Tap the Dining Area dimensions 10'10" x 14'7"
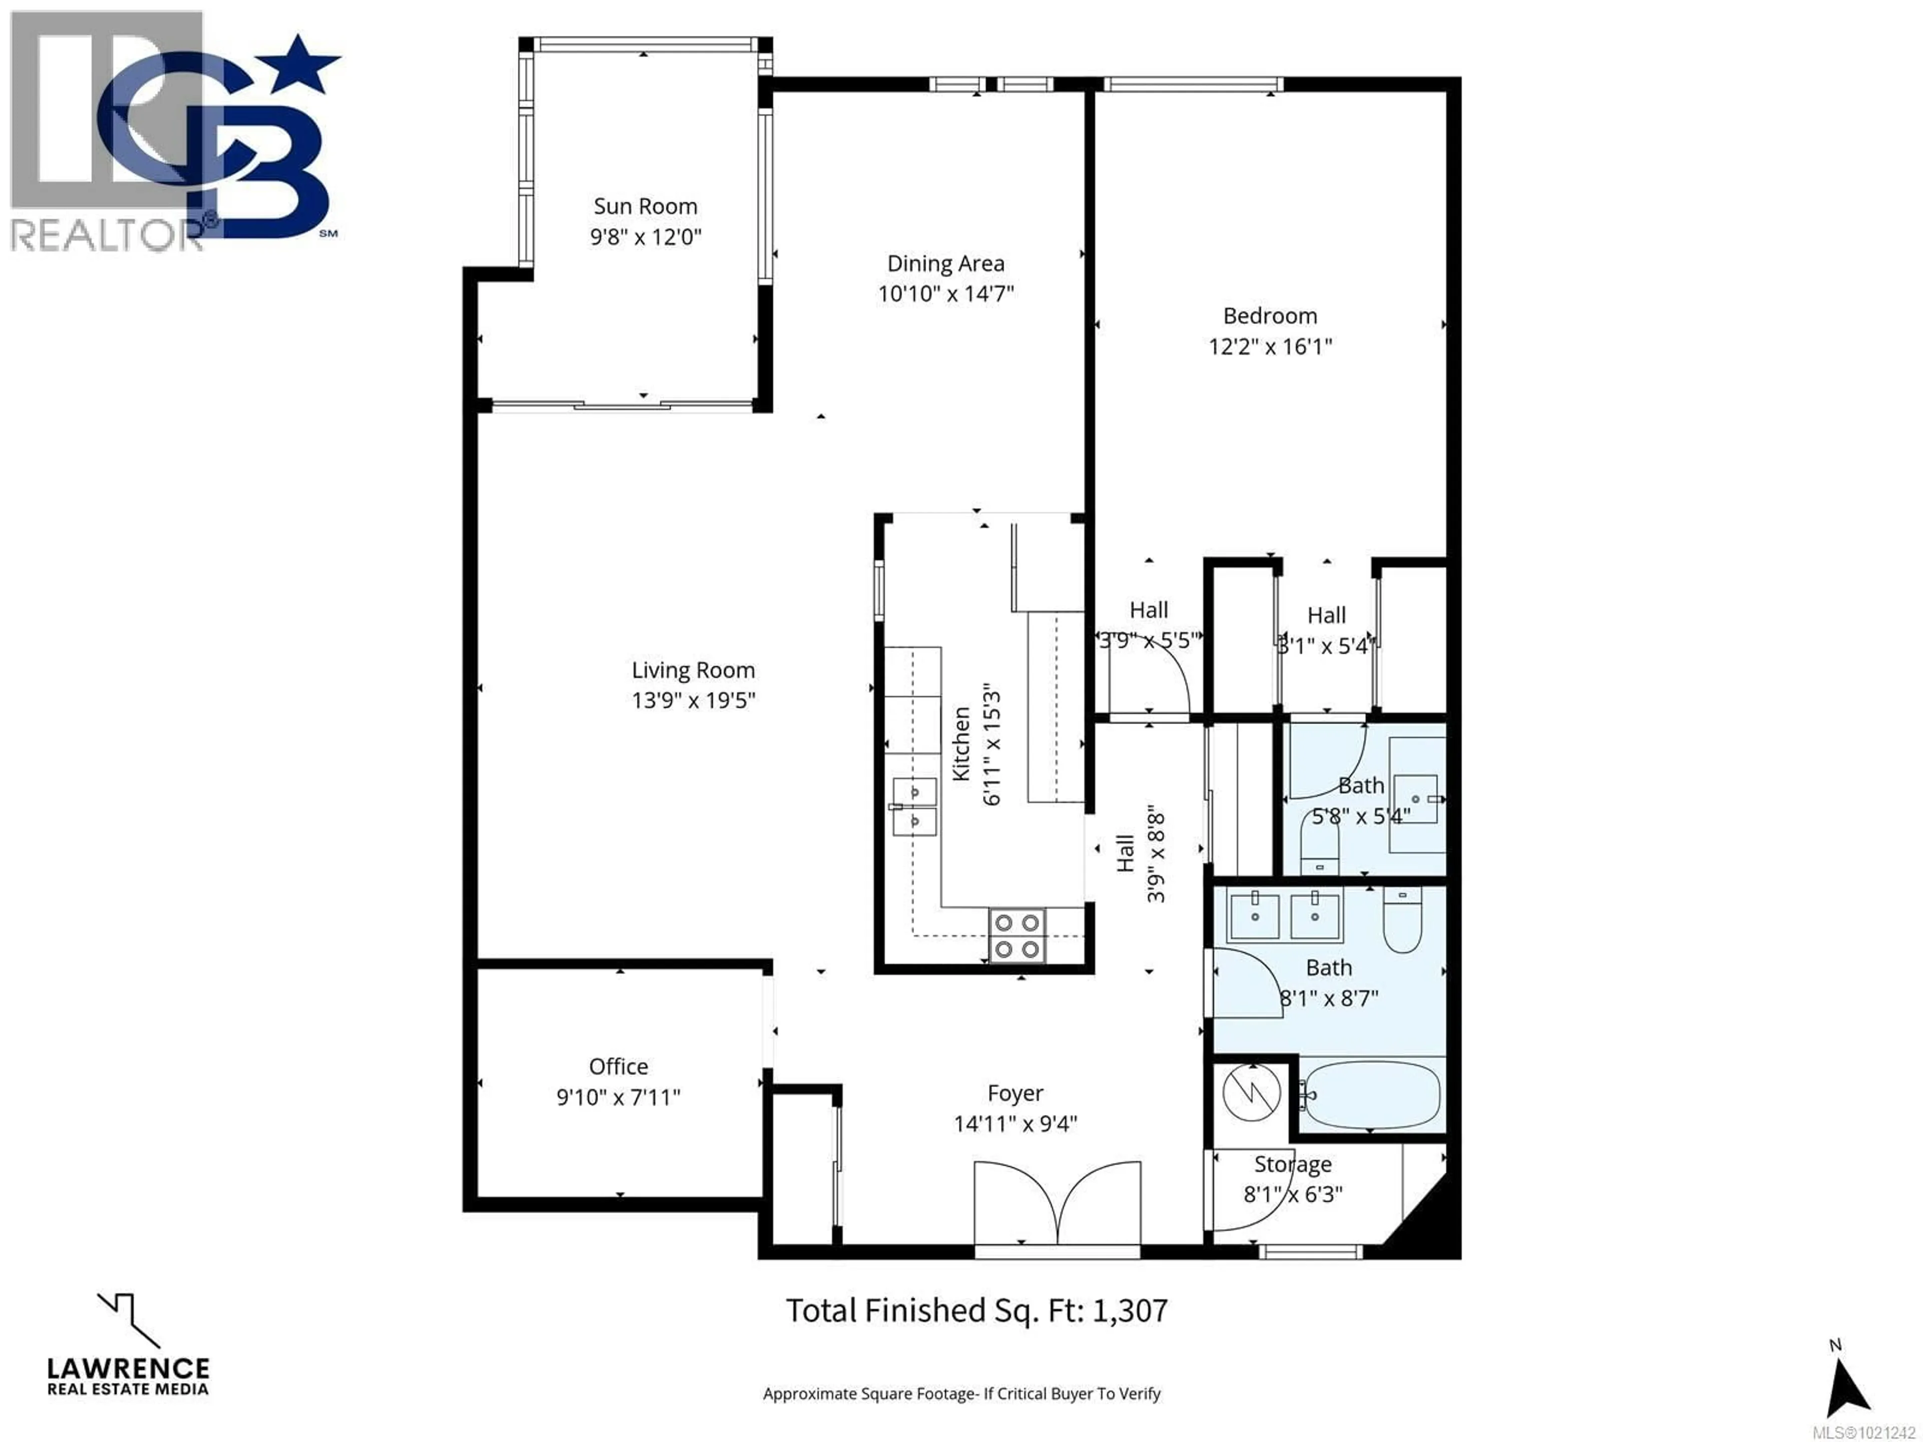tap(946, 294)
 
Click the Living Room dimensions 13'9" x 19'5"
tap(693, 700)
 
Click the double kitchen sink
tap(914, 807)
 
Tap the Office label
tap(618, 1066)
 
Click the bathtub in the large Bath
tap(1371, 1095)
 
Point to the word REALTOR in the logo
tap(104, 235)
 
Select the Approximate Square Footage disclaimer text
tap(961, 1394)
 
